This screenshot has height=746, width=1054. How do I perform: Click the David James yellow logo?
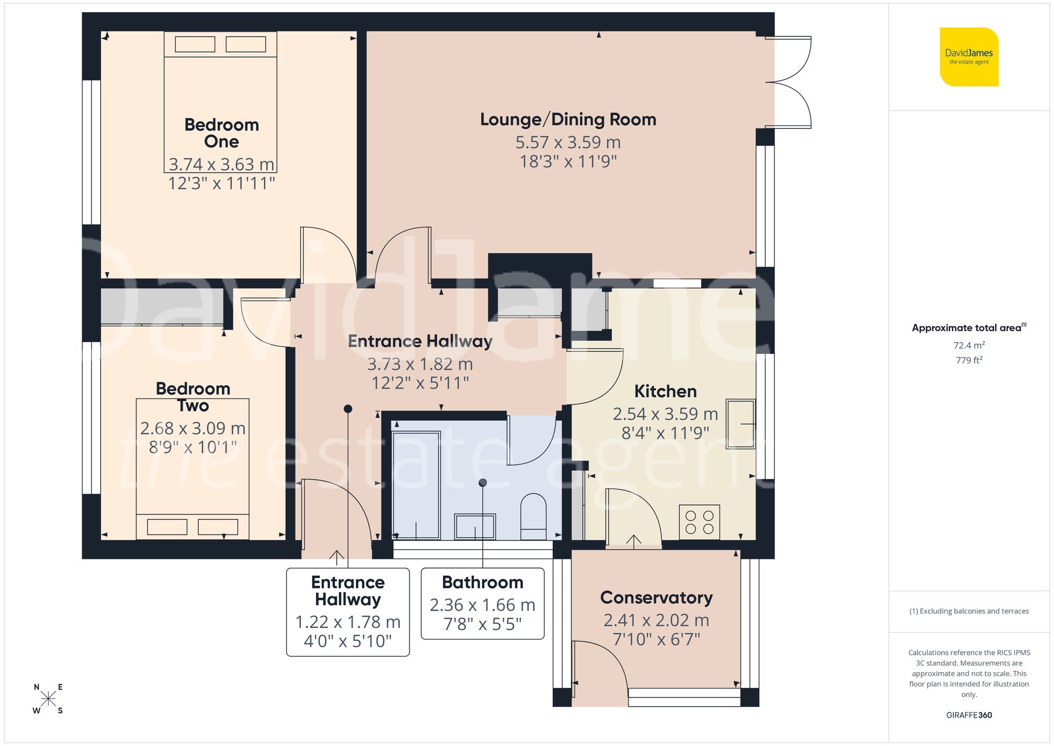969,57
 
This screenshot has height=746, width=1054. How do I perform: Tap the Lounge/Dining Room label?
568,120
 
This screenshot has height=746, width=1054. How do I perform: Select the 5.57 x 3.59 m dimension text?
568,142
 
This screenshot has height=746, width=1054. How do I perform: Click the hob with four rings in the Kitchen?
699,522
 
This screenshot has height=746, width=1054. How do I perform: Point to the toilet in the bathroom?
533,517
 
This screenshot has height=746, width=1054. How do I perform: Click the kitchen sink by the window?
740,424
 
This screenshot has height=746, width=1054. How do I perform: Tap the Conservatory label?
656,598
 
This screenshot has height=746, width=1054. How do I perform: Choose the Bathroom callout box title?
482,583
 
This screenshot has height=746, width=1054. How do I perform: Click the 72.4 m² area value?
969,345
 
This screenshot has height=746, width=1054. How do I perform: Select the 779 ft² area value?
969,360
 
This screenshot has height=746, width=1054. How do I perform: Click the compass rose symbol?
48,699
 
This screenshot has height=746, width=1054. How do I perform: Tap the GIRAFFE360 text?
969,715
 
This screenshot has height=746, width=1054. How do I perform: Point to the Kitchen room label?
665,392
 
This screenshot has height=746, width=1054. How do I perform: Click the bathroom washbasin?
475,526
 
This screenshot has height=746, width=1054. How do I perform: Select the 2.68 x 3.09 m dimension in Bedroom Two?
193,428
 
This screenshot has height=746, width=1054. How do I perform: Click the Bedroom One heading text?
221,133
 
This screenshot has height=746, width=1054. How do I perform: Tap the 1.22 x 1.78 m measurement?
348,622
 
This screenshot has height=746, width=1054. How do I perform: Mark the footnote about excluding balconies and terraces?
969,611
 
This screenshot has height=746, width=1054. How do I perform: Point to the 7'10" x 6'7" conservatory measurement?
656,640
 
